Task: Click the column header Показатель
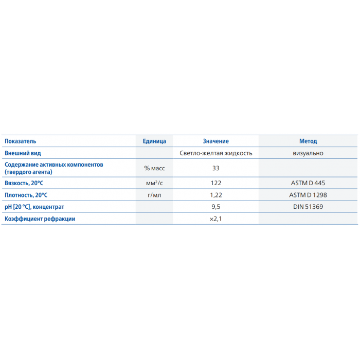tap(21, 141)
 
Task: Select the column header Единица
tap(154, 141)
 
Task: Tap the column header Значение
tap(216, 141)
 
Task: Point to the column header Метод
tap(308, 141)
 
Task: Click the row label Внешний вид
tap(23, 153)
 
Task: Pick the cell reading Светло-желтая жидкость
tap(216, 153)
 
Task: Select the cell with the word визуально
tap(308, 153)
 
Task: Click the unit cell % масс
tap(154, 168)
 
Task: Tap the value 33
tap(216, 168)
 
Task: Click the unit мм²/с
tap(154, 183)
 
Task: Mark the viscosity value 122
tap(216, 183)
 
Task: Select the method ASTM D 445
tap(308, 183)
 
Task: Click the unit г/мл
tap(154, 195)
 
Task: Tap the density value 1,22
tap(216, 195)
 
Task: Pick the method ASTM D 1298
tap(308, 195)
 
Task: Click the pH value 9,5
tap(216, 207)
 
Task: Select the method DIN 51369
tap(308, 207)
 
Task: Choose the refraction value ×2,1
tap(216, 219)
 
